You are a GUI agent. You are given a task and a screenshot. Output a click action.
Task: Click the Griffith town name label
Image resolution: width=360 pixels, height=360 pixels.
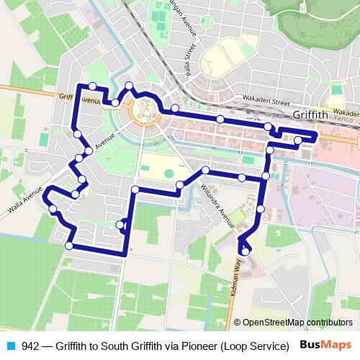(311, 114)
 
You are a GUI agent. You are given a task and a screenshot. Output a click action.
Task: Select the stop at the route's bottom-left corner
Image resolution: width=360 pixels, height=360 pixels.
(69, 246)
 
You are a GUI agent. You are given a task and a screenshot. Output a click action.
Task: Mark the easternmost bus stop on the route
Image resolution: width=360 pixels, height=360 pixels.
(298, 140)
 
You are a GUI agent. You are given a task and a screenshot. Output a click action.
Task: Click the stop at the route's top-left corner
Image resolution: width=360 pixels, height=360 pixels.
(92, 86)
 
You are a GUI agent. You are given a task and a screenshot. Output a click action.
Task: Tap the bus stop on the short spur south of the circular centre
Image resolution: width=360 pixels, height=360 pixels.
(121, 225)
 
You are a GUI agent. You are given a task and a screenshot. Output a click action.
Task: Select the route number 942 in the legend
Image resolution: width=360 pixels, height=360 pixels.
(30, 345)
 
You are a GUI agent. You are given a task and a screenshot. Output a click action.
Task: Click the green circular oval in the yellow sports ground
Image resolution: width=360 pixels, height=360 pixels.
(169, 173)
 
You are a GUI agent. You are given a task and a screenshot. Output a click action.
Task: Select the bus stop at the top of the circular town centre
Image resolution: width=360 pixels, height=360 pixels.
(130, 86)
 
